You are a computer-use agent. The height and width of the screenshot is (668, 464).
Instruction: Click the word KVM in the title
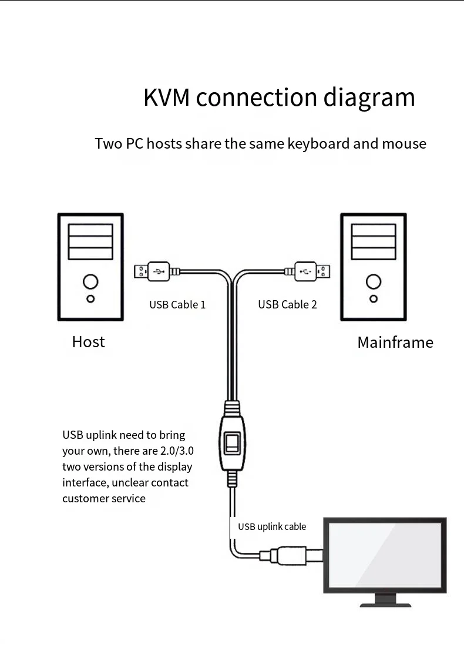(x=166, y=98)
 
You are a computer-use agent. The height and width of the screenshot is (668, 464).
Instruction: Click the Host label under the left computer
(x=88, y=342)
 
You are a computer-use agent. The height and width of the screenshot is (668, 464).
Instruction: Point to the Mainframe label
(x=395, y=343)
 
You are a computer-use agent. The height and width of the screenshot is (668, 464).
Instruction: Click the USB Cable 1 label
(x=177, y=304)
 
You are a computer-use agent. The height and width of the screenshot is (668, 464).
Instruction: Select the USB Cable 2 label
(x=287, y=304)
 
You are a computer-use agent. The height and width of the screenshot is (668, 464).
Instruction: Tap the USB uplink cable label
(x=272, y=526)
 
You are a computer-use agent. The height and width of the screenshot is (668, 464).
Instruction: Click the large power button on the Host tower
(x=90, y=281)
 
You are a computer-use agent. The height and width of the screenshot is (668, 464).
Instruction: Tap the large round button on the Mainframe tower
(x=374, y=281)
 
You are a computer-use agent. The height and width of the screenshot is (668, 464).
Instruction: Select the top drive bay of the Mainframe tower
(x=374, y=229)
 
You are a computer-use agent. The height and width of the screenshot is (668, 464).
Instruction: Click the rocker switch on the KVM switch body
(x=233, y=444)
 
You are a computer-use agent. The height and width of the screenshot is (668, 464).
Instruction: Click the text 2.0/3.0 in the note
(x=176, y=451)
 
